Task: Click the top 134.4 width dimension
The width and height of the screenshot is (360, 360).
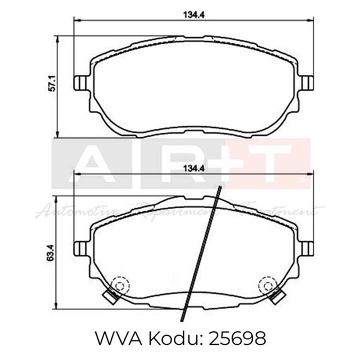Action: click(x=192, y=15)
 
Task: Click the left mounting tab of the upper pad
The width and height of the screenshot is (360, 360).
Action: click(x=80, y=83)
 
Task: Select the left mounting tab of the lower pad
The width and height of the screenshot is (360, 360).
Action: click(x=80, y=248)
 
